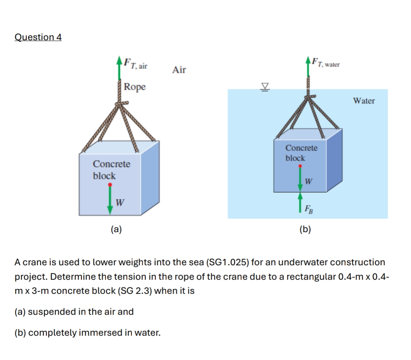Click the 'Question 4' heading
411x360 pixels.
point(38,37)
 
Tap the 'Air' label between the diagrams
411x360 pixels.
point(179,70)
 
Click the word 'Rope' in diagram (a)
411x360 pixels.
point(134,87)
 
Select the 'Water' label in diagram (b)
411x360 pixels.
point(364,101)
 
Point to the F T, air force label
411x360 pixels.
point(135,64)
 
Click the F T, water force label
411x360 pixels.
point(325,63)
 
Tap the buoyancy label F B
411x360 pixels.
point(309,210)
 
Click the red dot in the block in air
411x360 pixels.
point(110,185)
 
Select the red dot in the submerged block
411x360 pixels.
point(300,166)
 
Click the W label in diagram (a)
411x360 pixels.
point(120,202)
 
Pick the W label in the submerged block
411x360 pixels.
point(309,181)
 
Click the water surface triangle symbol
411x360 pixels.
point(265,87)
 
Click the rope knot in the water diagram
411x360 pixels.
point(310,97)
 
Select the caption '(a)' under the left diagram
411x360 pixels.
point(116,229)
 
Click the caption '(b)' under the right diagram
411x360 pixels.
point(305,229)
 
